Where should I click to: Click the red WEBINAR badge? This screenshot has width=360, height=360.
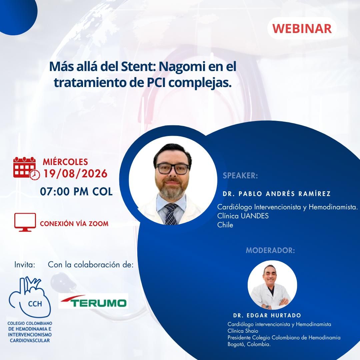[x=302, y=28]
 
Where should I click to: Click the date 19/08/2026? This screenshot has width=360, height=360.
[x=75, y=174]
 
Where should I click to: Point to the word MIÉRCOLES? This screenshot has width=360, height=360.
[x=65, y=162]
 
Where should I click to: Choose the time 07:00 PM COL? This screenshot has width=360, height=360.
[x=76, y=192]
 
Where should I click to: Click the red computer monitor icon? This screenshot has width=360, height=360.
[x=25, y=222]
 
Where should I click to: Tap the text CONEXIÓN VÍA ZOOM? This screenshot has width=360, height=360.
[x=74, y=224]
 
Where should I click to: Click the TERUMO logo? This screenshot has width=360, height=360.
[x=93, y=301]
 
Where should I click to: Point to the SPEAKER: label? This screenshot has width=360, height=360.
[x=240, y=176]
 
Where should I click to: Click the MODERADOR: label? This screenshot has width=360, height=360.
[x=270, y=250]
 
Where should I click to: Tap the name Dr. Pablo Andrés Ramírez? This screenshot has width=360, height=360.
[x=277, y=194]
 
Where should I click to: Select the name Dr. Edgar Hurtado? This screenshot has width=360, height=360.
[x=267, y=315]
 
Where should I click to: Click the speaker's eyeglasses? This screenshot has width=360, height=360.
[x=172, y=169]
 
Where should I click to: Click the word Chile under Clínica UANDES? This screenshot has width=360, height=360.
[x=225, y=225]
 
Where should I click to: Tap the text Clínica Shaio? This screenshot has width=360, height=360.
[x=243, y=331]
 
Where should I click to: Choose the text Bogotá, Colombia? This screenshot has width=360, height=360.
[x=249, y=344]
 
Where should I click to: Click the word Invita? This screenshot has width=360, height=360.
[x=25, y=265]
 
